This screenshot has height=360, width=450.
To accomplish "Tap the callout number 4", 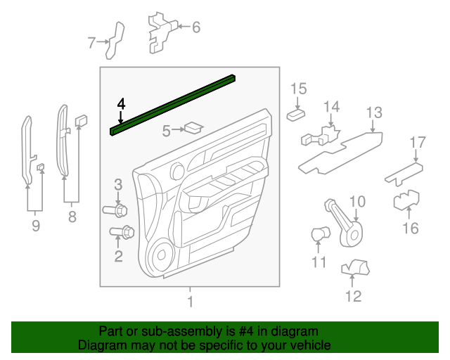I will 121,104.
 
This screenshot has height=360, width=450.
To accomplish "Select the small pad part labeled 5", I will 191,128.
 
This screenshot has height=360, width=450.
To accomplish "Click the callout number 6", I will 195,27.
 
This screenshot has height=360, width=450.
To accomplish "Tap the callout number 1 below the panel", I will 188,302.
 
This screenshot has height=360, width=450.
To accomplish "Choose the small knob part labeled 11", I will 319,233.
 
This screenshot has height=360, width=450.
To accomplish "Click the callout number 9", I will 35,226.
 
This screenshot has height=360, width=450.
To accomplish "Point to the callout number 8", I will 72,218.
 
